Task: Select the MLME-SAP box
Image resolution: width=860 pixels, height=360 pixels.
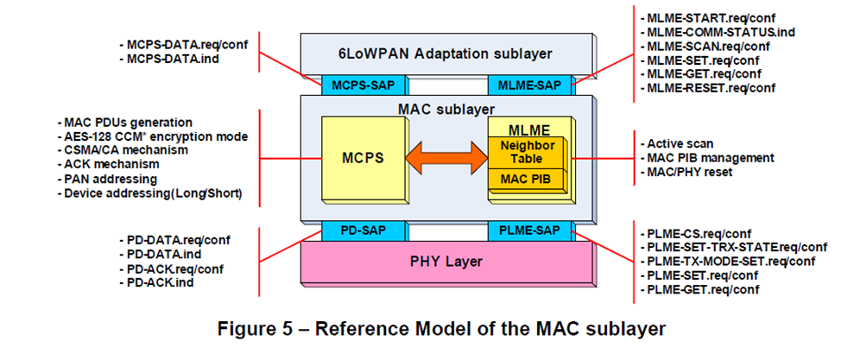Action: (x=523, y=85)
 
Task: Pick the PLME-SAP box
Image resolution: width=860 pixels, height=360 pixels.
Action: (x=523, y=231)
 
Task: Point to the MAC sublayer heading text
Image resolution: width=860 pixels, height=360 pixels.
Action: (x=446, y=109)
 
